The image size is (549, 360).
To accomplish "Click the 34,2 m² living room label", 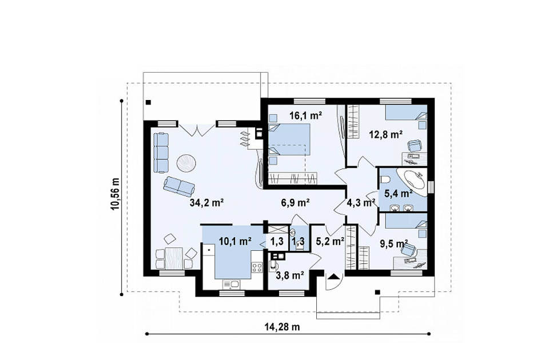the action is pyautogui.click(x=206, y=202).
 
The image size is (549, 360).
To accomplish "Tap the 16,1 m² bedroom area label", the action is pyautogui.click(x=305, y=115).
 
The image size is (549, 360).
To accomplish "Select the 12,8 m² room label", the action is pyautogui.click(x=386, y=134).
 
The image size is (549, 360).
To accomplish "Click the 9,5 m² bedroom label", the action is pyautogui.click(x=394, y=243).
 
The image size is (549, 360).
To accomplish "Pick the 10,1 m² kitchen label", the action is pyautogui.click(x=235, y=241).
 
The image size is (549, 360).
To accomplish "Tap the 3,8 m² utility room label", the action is pyautogui.click(x=289, y=275).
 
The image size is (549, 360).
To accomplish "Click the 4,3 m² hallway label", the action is pyautogui.click(x=361, y=202).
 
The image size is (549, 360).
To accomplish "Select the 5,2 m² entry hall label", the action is pyautogui.click(x=330, y=241).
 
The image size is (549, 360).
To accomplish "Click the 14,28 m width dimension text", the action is pyautogui.click(x=282, y=327).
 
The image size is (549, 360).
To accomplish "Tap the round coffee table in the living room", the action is pyautogui.click(x=186, y=163).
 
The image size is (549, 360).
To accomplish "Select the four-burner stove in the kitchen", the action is pyautogui.click(x=257, y=267).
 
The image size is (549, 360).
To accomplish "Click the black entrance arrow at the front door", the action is pyautogui.click(x=333, y=277).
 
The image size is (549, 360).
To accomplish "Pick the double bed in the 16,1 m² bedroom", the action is pyautogui.click(x=289, y=139).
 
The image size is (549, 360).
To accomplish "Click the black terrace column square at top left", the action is pyautogui.click(x=149, y=102).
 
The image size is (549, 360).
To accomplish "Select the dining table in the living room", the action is pyautogui.click(x=174, y=258).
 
